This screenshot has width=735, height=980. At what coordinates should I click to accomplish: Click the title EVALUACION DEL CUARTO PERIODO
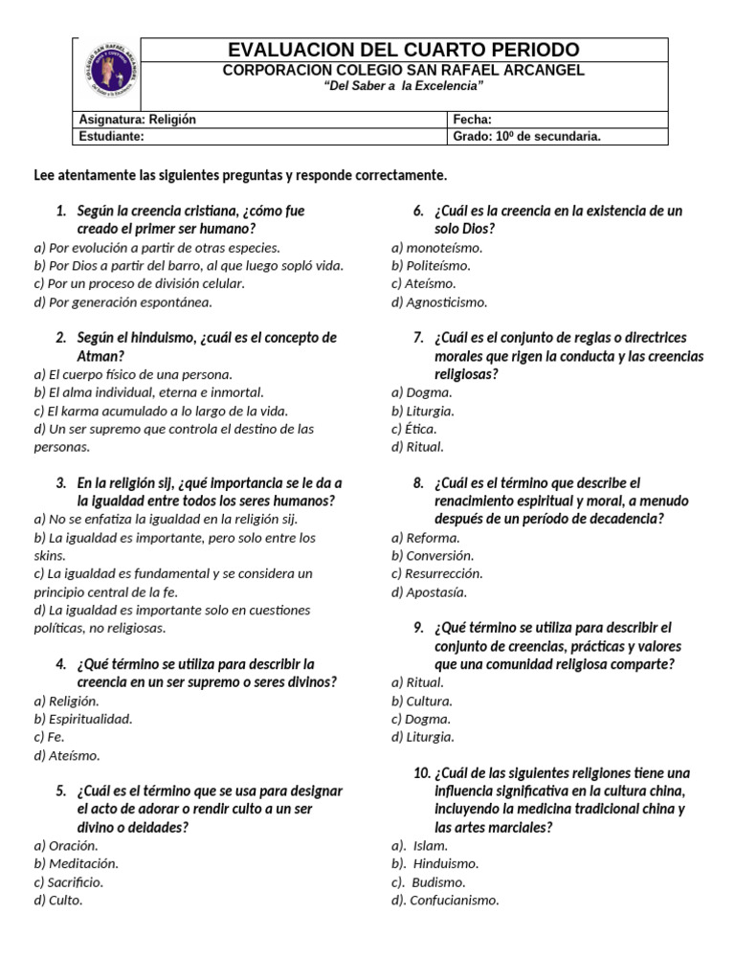pos(403,50)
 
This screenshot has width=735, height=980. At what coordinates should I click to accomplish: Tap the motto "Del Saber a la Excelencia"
pos(403,86)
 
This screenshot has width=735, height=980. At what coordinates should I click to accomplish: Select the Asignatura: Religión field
pos(135,120)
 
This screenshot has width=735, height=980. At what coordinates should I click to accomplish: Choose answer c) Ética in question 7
pos(413,429)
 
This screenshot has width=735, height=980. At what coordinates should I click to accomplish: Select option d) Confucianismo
pos(445,900)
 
